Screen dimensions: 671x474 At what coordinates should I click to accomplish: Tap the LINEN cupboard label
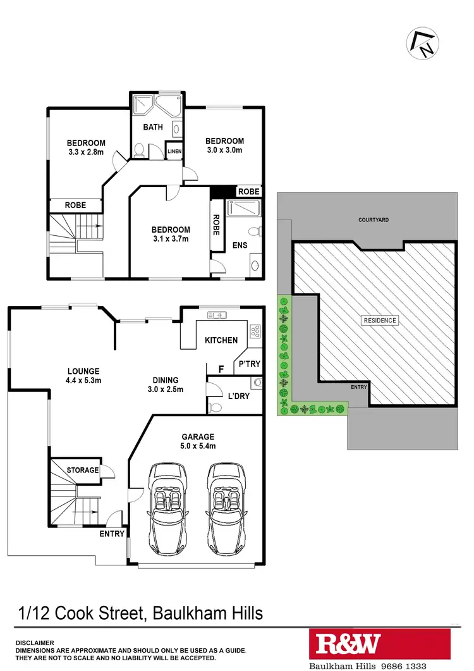coord(174,152)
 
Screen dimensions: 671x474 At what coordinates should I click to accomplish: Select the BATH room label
coord(152,127)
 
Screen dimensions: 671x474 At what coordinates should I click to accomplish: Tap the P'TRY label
coord(250,364)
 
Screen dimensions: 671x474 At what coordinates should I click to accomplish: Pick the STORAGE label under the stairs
coord(83,470)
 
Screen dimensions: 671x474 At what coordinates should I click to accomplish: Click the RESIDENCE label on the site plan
coord(380,320)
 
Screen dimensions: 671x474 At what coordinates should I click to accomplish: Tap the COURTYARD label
coord(374,220)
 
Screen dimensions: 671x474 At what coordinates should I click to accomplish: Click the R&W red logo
coord(348,644)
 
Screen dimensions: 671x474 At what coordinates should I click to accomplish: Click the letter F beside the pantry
coord(221,367)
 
